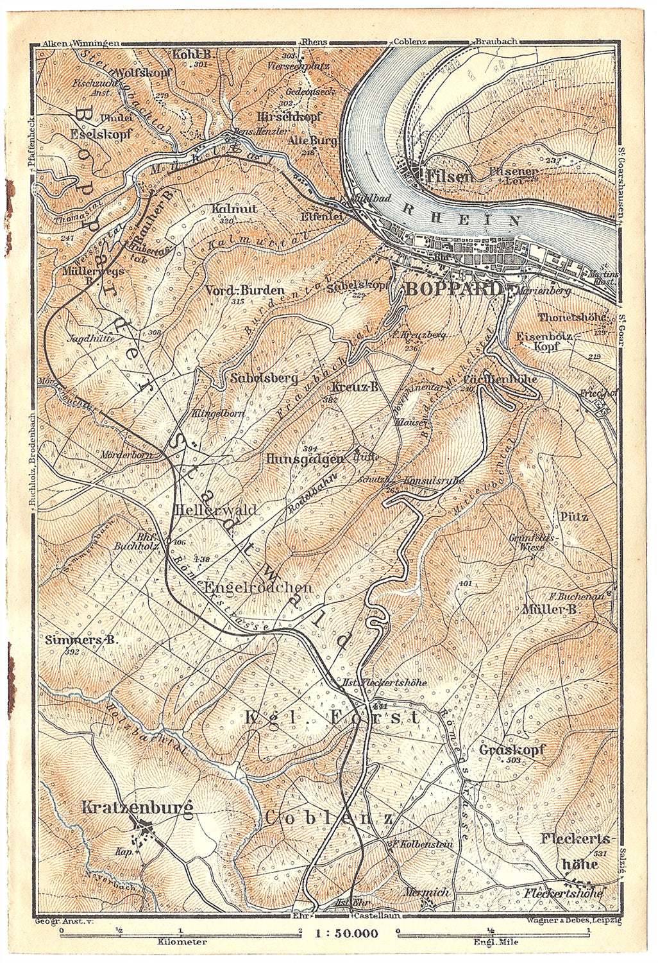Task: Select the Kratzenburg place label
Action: click(137, 808)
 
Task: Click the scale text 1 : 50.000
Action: click(347, 933)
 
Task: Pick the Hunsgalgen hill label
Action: click(305, 459)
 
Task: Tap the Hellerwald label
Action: click(215, 510)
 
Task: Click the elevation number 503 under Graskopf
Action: click(513, 760)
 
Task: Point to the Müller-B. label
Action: click(551, 610)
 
